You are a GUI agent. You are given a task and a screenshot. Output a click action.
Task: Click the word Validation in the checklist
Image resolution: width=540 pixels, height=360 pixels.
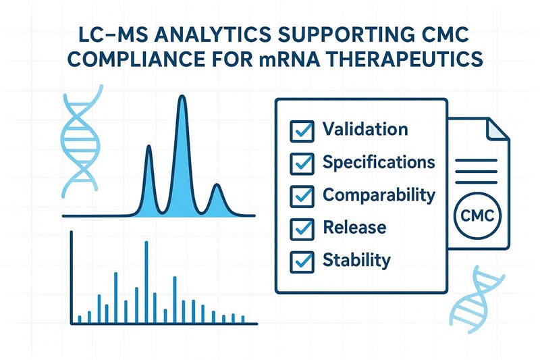coord(365,129)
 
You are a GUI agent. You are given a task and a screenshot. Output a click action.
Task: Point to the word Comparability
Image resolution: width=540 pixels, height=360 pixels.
coord(379,195)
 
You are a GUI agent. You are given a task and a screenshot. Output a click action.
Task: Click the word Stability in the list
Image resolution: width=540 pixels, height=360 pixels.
coord(356,260)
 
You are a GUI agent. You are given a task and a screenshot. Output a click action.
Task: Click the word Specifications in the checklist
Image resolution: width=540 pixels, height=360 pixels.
coord(379,162)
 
